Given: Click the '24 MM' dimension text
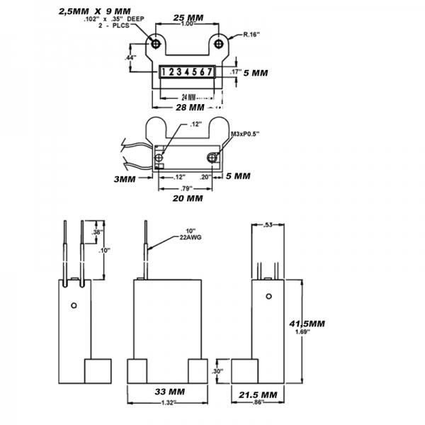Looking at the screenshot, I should click(x=189, y=95).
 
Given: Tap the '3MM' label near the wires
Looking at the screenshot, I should click(x=125, y=180).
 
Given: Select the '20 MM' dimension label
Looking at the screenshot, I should click(x=188, y=199).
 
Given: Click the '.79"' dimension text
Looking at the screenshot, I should click(x=187, y=188).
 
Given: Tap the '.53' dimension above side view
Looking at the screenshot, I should click(x=267, y=225).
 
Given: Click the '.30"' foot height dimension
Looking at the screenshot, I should click(x=217, y=370).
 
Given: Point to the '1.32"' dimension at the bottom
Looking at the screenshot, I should click(x=169, y=403).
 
